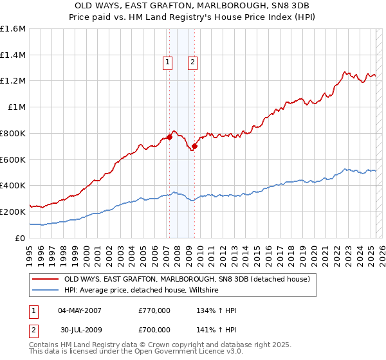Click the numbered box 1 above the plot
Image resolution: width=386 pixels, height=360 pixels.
click(x=167, y=62)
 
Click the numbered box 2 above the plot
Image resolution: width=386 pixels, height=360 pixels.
click(x=192, y=62)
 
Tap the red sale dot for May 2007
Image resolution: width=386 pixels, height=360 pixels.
click(x=170, y=137)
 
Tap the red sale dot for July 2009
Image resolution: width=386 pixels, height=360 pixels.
click(x=194, y=146)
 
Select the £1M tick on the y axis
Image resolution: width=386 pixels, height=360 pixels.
click(x=16, y=107)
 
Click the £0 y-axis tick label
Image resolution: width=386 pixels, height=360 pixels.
click(x=20, y=238)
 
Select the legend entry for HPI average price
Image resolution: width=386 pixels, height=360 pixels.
click(x=141, y=291)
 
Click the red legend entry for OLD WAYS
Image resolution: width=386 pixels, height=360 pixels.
click(x=187, y=279)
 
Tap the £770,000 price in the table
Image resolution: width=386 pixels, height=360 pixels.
click(x=154, y=310)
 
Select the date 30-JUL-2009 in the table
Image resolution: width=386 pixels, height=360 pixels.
click(x=80, y=331)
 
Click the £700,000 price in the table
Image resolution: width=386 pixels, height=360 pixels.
click(x=154, y=331)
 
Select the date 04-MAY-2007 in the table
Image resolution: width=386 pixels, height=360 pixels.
click(x=80, y=310)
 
